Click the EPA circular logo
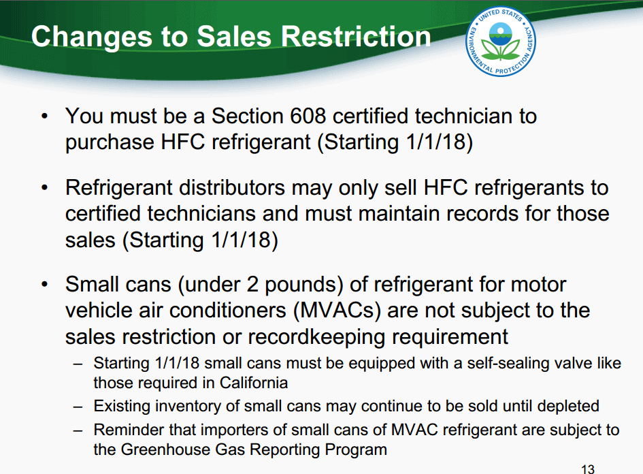500,41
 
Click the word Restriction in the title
356,37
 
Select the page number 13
588,469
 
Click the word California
253,383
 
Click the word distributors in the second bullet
232,187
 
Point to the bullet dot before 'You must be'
45,116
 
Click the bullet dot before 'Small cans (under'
45,284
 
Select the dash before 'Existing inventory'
78,407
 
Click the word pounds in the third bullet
304,285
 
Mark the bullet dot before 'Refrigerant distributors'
45,188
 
